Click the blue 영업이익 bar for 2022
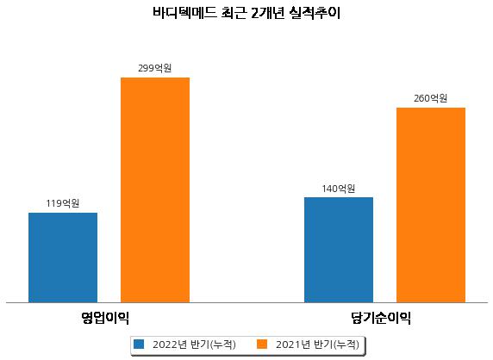tap(63, 258)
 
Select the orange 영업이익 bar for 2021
tap(155, 190)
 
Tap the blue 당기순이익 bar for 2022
tap(339, 250)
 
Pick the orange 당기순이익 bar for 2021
tap(431, 205)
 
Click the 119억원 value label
tap(63, 203)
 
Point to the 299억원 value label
tap(154, 68)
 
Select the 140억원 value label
tap(339, 189)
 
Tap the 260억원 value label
tap(430, 98)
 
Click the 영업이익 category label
tap(105, 318)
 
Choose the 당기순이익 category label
tap(381, 318)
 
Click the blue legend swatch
tap(139, 344)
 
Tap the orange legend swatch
tap(262, 344)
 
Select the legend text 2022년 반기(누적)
tap(194, 344)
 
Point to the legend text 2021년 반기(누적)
tap(317, 344)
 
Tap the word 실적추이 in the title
tap(315, 13)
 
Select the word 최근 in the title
tap(234, 13)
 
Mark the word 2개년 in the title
tap(268, 13)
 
